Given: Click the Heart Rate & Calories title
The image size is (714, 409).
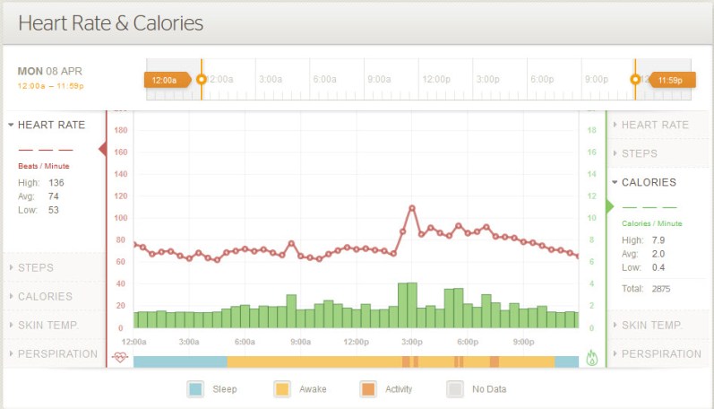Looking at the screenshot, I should [x=110, y=22].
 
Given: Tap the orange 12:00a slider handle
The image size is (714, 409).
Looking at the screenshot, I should [x=166, y=80].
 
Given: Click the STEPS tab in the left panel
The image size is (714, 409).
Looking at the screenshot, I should [x=36, y=267].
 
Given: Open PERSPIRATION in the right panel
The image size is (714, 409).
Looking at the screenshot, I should [x=661, y=353].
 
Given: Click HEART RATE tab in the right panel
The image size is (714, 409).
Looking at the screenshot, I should [x=655, y=125].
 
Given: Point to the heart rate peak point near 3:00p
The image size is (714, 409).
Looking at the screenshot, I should [x=412, y=208].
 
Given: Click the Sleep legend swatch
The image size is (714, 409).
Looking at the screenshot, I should [x=196, y=389].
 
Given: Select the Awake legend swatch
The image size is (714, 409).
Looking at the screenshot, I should [x=282, y=389].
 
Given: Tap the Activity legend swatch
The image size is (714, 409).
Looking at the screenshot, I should [x=368, y=389].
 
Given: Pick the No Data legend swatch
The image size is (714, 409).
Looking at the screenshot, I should [x=454, y=389].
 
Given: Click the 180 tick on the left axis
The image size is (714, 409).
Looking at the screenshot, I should [x=121, y=130].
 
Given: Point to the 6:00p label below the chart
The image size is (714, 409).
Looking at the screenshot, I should [x=467, y=342].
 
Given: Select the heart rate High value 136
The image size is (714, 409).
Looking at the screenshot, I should [x=56, y=183].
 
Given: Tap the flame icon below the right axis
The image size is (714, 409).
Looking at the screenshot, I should [x=591, y=357].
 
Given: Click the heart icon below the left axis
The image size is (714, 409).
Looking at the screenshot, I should [x=120, y=357].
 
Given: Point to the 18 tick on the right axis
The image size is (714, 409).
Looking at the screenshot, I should [x=590, y=130].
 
